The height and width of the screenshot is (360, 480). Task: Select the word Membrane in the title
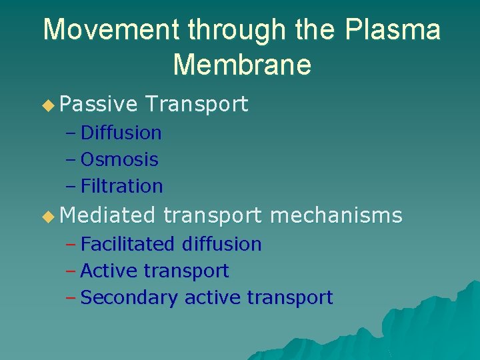click(242, 65)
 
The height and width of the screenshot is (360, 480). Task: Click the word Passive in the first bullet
click(99, 104)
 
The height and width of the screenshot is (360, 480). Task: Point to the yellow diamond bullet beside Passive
click(47, 105)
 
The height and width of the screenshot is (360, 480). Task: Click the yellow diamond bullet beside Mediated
click(47, 216)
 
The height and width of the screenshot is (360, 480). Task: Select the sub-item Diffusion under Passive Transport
click(121, 133)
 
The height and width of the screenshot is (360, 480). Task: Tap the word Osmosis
click(119, 159)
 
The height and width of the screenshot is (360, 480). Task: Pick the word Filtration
click(121, 186)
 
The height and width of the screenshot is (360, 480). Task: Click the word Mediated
click(107, 215)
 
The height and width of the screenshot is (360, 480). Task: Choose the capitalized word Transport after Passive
click(197, 104)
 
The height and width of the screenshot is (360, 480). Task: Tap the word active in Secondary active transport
click(213, 297)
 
